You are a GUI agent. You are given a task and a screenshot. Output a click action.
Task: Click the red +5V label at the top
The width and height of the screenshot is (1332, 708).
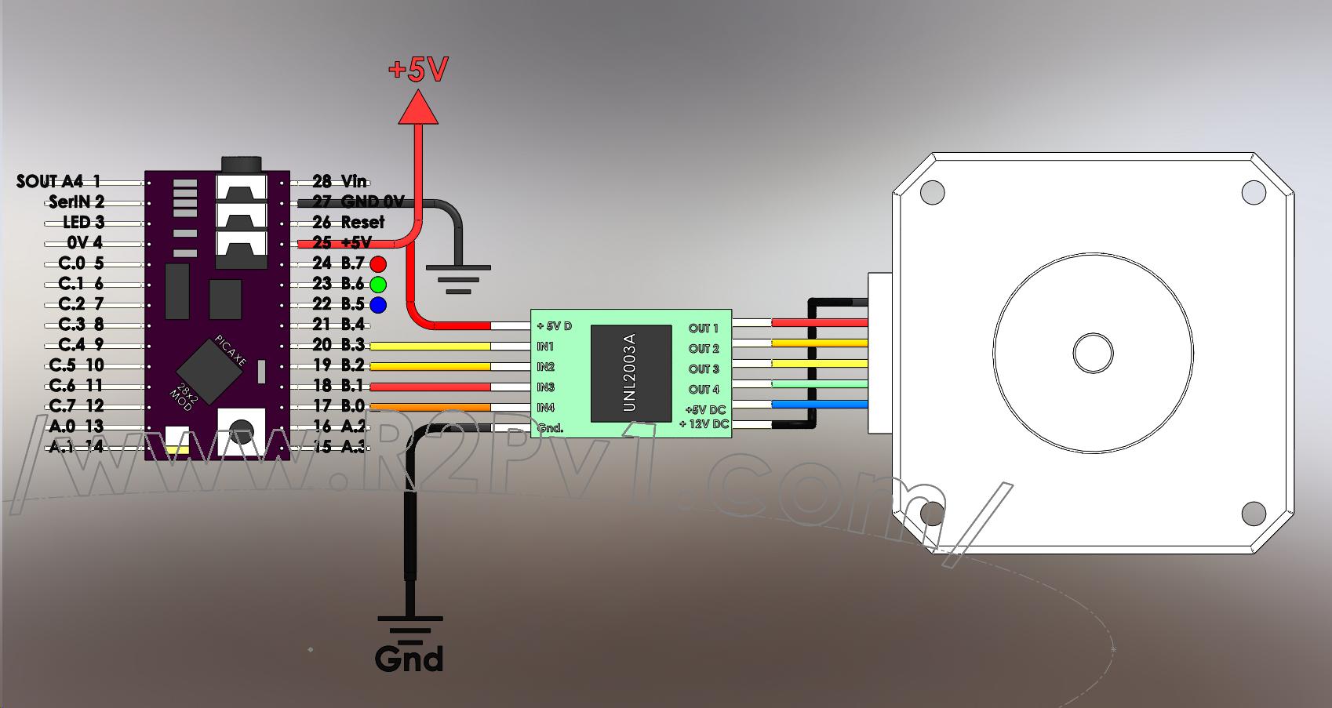click(x=418, y=71)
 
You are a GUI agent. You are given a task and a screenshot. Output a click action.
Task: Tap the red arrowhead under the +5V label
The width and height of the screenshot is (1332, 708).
click(x=417, y=108)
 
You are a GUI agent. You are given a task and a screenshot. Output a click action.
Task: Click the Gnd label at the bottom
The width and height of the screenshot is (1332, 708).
click(x=409, y=659)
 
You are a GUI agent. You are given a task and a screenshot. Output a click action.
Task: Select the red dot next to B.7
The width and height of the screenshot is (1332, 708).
click(x=378, y=264)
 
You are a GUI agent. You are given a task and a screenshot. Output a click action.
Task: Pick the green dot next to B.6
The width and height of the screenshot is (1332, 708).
click(x=378, y=285)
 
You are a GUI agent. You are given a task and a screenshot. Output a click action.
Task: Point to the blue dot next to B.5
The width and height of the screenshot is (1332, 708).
click(x=378, y=305)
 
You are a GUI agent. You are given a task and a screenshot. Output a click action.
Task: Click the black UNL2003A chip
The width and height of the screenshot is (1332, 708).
click(x=631, y=372)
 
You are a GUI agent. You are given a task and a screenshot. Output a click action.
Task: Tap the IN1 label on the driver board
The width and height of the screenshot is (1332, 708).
click(x=545, y=347)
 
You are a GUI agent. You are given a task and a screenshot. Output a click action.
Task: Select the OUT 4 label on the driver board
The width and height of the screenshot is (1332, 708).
click(x=704, y=390)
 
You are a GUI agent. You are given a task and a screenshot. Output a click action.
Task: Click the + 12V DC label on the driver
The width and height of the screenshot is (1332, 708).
click(x=704, y=424)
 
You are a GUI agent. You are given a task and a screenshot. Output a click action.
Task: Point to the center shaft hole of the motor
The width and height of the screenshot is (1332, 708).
click(x=1093, y=354)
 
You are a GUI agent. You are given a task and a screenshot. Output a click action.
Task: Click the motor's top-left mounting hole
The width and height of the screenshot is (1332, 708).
click(x=932, y=192)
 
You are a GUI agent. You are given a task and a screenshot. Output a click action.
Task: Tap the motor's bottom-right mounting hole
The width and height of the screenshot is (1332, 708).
click(x=1254, y=514)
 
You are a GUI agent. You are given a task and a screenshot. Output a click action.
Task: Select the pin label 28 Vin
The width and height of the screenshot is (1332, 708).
click(x=340, y=182)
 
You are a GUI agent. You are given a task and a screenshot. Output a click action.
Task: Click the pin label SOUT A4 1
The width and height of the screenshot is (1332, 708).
click(x=59, y=182)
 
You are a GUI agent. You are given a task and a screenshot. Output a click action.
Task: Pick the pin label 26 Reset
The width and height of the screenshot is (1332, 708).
click(x=348, y=223)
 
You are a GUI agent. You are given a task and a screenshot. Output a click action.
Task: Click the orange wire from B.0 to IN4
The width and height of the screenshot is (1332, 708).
click(x=429, y=407)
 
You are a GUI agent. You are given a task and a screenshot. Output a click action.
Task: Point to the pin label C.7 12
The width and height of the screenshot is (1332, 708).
click(x=76, y=406)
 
